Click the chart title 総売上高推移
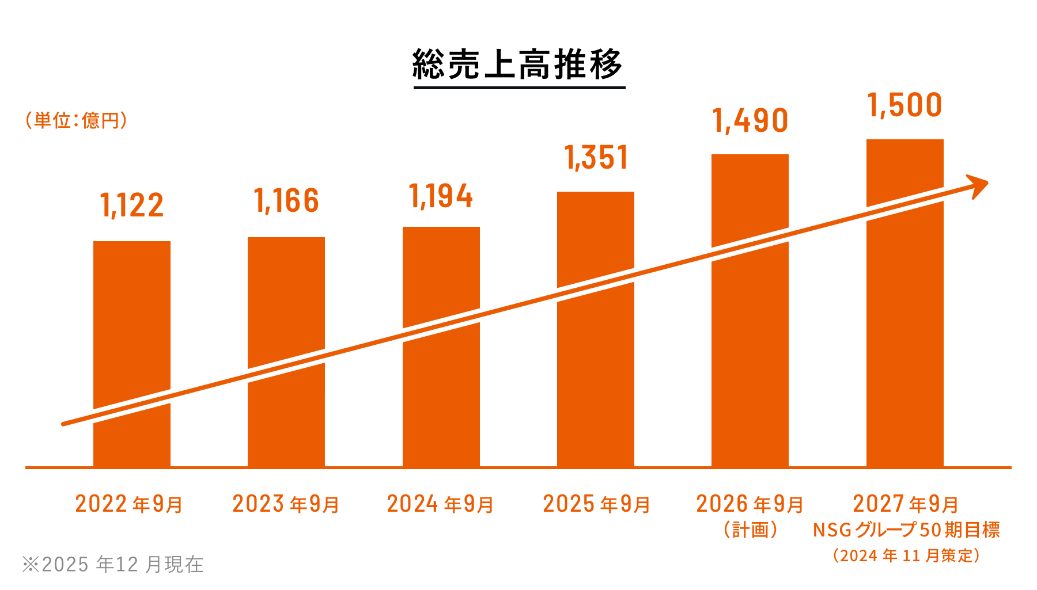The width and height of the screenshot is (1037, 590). (518, 64)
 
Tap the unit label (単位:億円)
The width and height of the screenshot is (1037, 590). (76, 120)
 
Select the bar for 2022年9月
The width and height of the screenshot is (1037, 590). (132, 322)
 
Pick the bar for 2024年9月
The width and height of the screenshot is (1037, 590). (441, 276)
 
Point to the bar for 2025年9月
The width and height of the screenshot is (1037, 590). (596, 242)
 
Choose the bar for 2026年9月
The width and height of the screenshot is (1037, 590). (750, 201)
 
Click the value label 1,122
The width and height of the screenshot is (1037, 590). (132, 205)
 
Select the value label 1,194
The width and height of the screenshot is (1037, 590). (441, 197)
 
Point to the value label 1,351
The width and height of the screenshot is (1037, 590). (596, 158)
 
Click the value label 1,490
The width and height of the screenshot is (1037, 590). (750, 121)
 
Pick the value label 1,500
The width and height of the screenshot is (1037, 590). (905, 105)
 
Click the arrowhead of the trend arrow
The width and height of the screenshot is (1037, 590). (979, 185)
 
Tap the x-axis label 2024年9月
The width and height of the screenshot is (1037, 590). (441, 504)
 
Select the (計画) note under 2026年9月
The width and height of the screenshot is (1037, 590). (750, 530)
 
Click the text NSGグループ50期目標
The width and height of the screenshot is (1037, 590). (906, 530)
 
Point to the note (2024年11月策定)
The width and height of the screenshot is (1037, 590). (906, 555)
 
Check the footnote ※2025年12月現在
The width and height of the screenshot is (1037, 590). (113, 564)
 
